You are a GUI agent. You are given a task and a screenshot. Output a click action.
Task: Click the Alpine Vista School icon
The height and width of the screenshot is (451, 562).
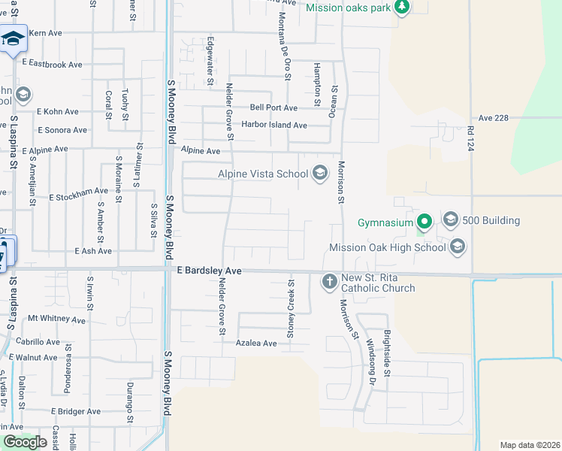click(320, 174)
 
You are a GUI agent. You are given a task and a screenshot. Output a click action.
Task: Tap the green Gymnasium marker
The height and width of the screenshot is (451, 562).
click(425, 222)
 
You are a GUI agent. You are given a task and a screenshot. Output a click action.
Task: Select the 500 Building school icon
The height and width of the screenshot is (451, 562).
click(451, 219)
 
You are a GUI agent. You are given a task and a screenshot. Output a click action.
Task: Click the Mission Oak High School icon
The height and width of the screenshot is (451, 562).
click(458, 247)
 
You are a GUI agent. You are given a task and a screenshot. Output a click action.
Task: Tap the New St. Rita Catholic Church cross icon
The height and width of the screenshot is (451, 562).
click(328, 282)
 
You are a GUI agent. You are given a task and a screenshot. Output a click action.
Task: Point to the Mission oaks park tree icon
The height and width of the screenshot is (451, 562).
click(402, 7)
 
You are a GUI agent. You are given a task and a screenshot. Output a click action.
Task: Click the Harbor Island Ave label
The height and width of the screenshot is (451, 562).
click(273, 126)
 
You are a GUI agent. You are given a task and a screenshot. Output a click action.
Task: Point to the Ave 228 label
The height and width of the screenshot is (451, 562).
click(494, 118)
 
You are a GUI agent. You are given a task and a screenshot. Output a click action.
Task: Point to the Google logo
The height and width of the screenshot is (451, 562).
click(25, 442)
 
